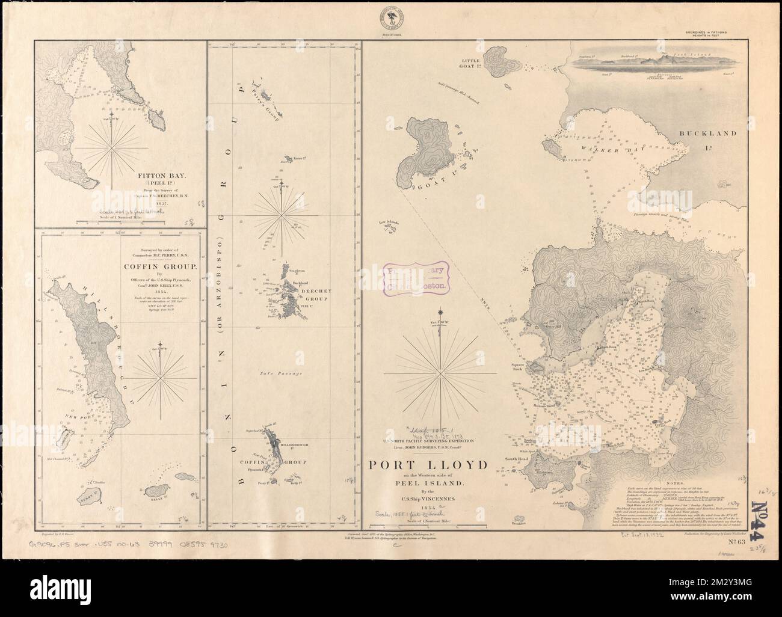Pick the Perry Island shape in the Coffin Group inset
pos(91,498)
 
